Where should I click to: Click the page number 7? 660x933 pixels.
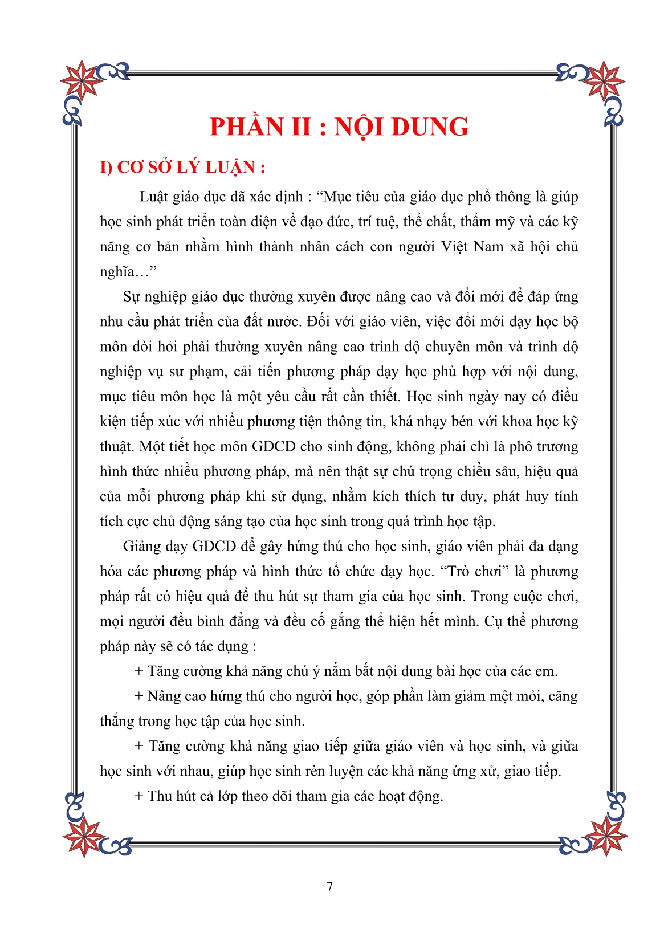pos(329,886)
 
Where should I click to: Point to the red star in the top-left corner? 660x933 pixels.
pos(81,79)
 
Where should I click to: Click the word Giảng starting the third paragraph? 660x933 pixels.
pos(141,547)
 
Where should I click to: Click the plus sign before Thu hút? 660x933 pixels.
pos(139,796)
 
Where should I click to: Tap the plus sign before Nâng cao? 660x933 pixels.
pos(139,696)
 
